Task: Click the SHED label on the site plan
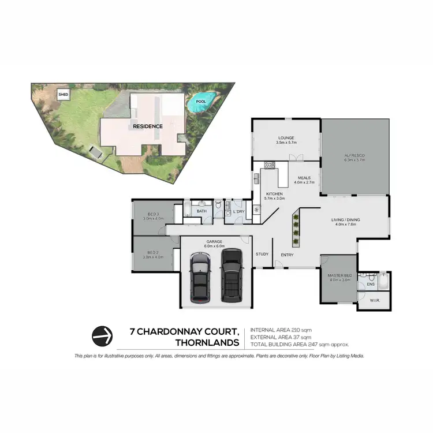tap(62, 94)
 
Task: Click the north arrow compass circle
tap(103, 335)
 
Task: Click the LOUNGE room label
tap(286, 138)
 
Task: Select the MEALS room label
tap(304, 178)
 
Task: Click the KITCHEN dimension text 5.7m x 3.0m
tap(274, 199)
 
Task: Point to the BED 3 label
tap(152, 214)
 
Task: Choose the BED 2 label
tap(152, 252)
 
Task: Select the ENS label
tap(371, 283)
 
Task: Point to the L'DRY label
tap(240, 211)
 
